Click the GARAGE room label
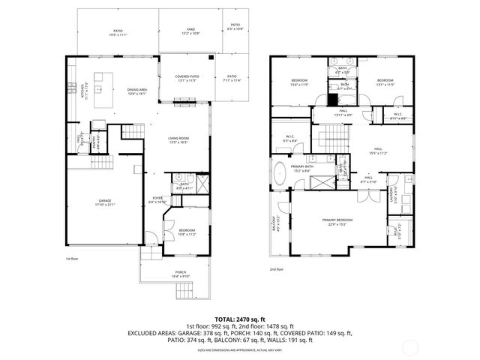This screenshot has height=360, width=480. [104, 202]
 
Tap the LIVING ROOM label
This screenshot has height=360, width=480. [178, 139]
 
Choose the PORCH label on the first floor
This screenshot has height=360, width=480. [180, 274]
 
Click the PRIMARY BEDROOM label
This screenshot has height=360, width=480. [338, 221]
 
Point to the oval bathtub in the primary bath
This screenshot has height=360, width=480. [280, 172]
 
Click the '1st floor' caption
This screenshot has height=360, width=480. [73, 257]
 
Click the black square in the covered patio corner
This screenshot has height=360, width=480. [212, 57]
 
